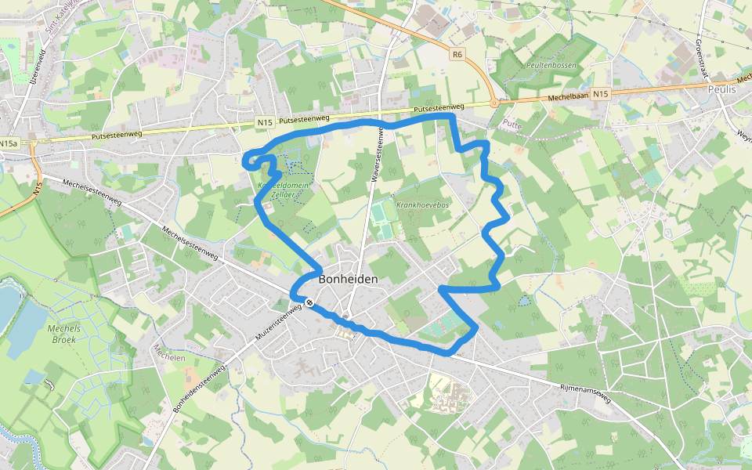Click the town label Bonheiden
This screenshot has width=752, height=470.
coord(349,279)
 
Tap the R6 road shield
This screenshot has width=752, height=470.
coord(458,54)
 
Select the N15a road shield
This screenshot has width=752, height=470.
coord(9,144)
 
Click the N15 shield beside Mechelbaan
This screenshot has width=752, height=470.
coord(600,94)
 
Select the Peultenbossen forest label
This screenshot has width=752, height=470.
coord(551,66)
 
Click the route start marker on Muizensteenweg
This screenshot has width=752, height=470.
coord(311,302)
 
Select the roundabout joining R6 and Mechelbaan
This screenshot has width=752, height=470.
coord(494,102)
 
